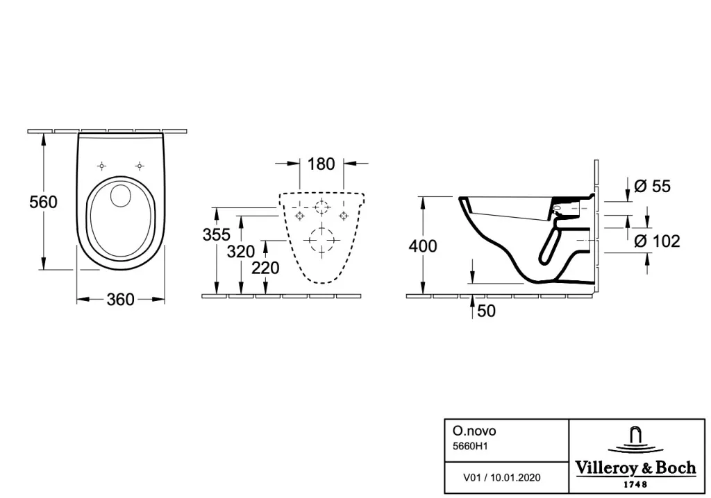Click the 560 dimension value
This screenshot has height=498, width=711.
coord(44,202)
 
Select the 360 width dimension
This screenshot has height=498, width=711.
coord(121,300)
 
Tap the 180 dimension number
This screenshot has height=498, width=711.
coord(321,164)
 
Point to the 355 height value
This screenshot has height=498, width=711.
coord(217,234)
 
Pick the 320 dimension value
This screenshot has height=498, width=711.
coord(241,252)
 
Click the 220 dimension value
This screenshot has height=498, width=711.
coord(265,268)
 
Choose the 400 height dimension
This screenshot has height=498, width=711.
coord(423,246)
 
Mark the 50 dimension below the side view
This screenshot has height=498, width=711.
coord(487,311)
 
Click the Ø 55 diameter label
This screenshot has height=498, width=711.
coord(652,187)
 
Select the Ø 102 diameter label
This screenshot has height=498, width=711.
coord(657,241)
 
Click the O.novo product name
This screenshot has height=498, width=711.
coord(474,431)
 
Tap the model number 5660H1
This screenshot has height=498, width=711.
coord(470,447)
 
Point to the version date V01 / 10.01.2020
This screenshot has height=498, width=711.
coord(501,478)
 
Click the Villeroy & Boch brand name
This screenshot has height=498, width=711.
coord(636,467)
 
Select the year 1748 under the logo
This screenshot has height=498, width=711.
coord(636,484)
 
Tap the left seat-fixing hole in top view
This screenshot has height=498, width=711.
coord(102,166)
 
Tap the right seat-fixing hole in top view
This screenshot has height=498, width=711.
coord(140,166)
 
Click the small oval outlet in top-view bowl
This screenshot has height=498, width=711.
coord(121,196)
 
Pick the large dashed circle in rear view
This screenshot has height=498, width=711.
coord(322,240)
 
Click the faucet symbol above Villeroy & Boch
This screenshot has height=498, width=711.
coord(635,438)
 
